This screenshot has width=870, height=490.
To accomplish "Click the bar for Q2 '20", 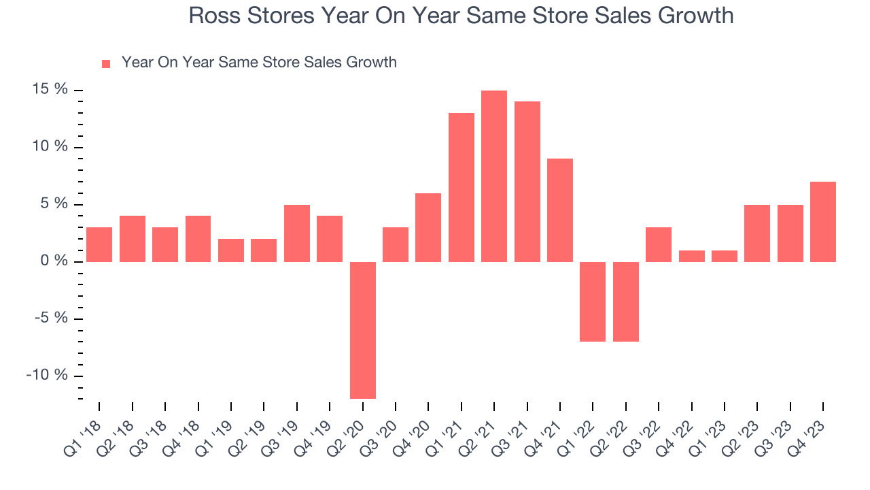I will tap(363, 330).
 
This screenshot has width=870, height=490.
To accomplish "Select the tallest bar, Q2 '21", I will tap(494, 176).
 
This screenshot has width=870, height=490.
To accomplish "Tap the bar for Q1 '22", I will tap(593, 301).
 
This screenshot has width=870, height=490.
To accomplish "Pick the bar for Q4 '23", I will tap(823, 222).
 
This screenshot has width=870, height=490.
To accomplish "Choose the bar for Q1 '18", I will tap(99, 244).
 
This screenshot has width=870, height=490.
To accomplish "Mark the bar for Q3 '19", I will tap(297, 233).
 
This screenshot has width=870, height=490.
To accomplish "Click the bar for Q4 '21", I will tap(560, 210).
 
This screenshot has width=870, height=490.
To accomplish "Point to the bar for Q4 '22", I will tap(691, 256).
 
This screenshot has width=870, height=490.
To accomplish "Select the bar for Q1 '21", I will tap(462, 187).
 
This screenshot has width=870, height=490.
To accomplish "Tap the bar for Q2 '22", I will tap(626, 301).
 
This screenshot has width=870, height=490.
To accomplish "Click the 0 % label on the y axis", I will tap(55, 261).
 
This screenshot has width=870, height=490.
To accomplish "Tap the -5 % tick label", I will tap(52, 318).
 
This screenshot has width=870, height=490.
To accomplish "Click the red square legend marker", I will tap(106, 64).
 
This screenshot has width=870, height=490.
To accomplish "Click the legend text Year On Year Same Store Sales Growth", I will tap(259, 63).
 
